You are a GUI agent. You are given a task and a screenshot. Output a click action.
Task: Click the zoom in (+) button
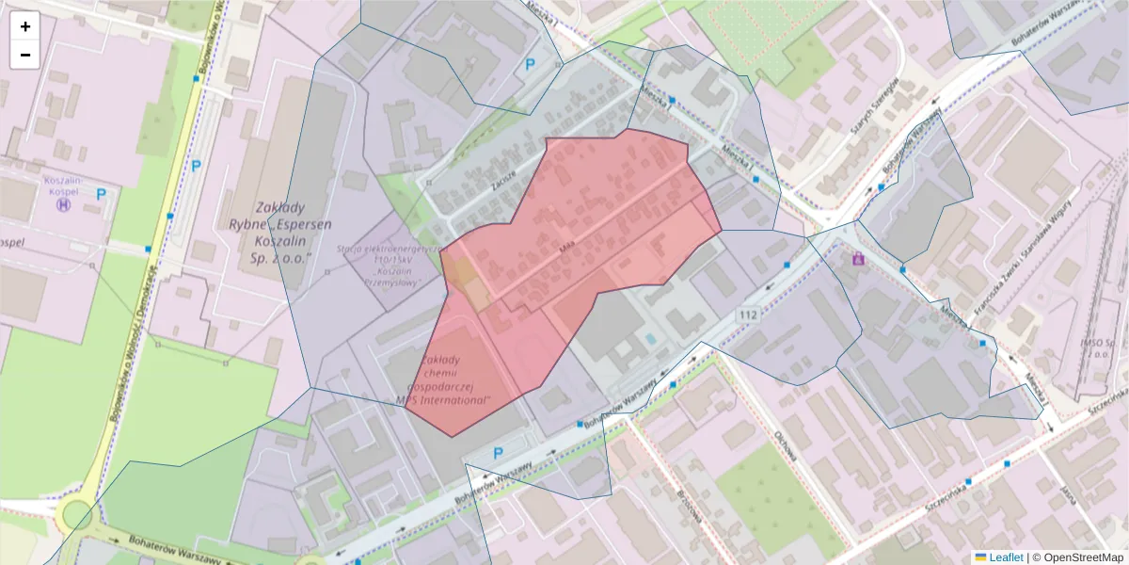tap(25, 26)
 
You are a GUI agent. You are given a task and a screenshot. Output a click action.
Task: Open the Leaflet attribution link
tap(1005, 557)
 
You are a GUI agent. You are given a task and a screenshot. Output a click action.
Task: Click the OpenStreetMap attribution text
tap(1084, 557)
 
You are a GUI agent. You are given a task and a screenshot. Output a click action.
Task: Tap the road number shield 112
tap(749, 315)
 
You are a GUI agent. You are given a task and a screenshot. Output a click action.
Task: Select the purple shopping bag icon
tap(857, 258)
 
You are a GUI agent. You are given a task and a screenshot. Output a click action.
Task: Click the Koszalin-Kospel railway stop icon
tap(64, 203)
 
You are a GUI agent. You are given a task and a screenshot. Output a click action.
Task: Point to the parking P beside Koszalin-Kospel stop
tap(101, 194)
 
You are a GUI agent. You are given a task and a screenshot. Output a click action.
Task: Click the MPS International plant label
tap(445, 379)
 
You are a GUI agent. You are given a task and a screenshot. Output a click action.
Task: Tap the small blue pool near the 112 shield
tap(651, 338)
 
